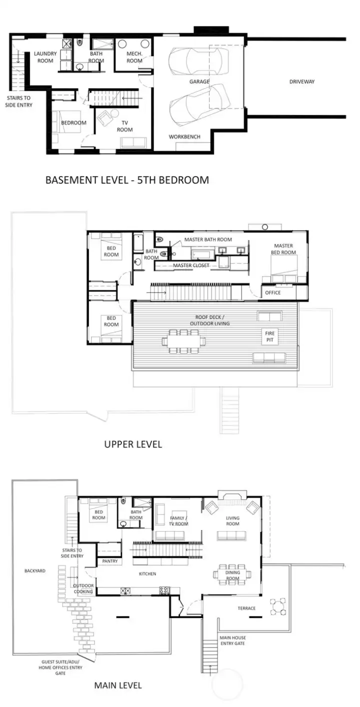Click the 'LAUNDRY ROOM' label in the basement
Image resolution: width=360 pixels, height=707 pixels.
(45, 57)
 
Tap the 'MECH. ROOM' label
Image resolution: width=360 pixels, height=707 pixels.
(134, 57)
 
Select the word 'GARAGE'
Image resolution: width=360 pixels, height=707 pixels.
(199, 81)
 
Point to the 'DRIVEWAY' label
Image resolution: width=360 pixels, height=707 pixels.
(302, 81)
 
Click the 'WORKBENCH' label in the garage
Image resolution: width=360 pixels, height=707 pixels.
(184, 136)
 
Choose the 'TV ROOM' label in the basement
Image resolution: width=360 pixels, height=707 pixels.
(124, 126)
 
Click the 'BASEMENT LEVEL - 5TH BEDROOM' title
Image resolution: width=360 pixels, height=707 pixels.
(127, 180)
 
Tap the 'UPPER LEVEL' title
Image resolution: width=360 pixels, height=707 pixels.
(133, 444)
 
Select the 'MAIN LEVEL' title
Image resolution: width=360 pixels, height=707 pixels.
(118, 685)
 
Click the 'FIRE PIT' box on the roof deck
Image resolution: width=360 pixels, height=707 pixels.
(270, 337)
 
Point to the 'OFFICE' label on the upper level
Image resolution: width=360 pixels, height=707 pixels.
(273, 292)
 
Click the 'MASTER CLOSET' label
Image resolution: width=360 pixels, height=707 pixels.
(191, 265)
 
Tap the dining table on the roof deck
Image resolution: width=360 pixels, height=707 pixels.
(184, 341)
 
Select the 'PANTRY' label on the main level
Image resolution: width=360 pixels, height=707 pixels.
(110, 561)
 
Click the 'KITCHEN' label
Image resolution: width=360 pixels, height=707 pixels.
(147, 574)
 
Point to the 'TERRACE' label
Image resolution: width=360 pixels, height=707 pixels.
(246, 608)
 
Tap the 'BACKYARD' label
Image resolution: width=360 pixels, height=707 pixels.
(34, 570)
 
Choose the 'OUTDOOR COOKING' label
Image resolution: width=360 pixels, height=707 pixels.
(83, 588)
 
